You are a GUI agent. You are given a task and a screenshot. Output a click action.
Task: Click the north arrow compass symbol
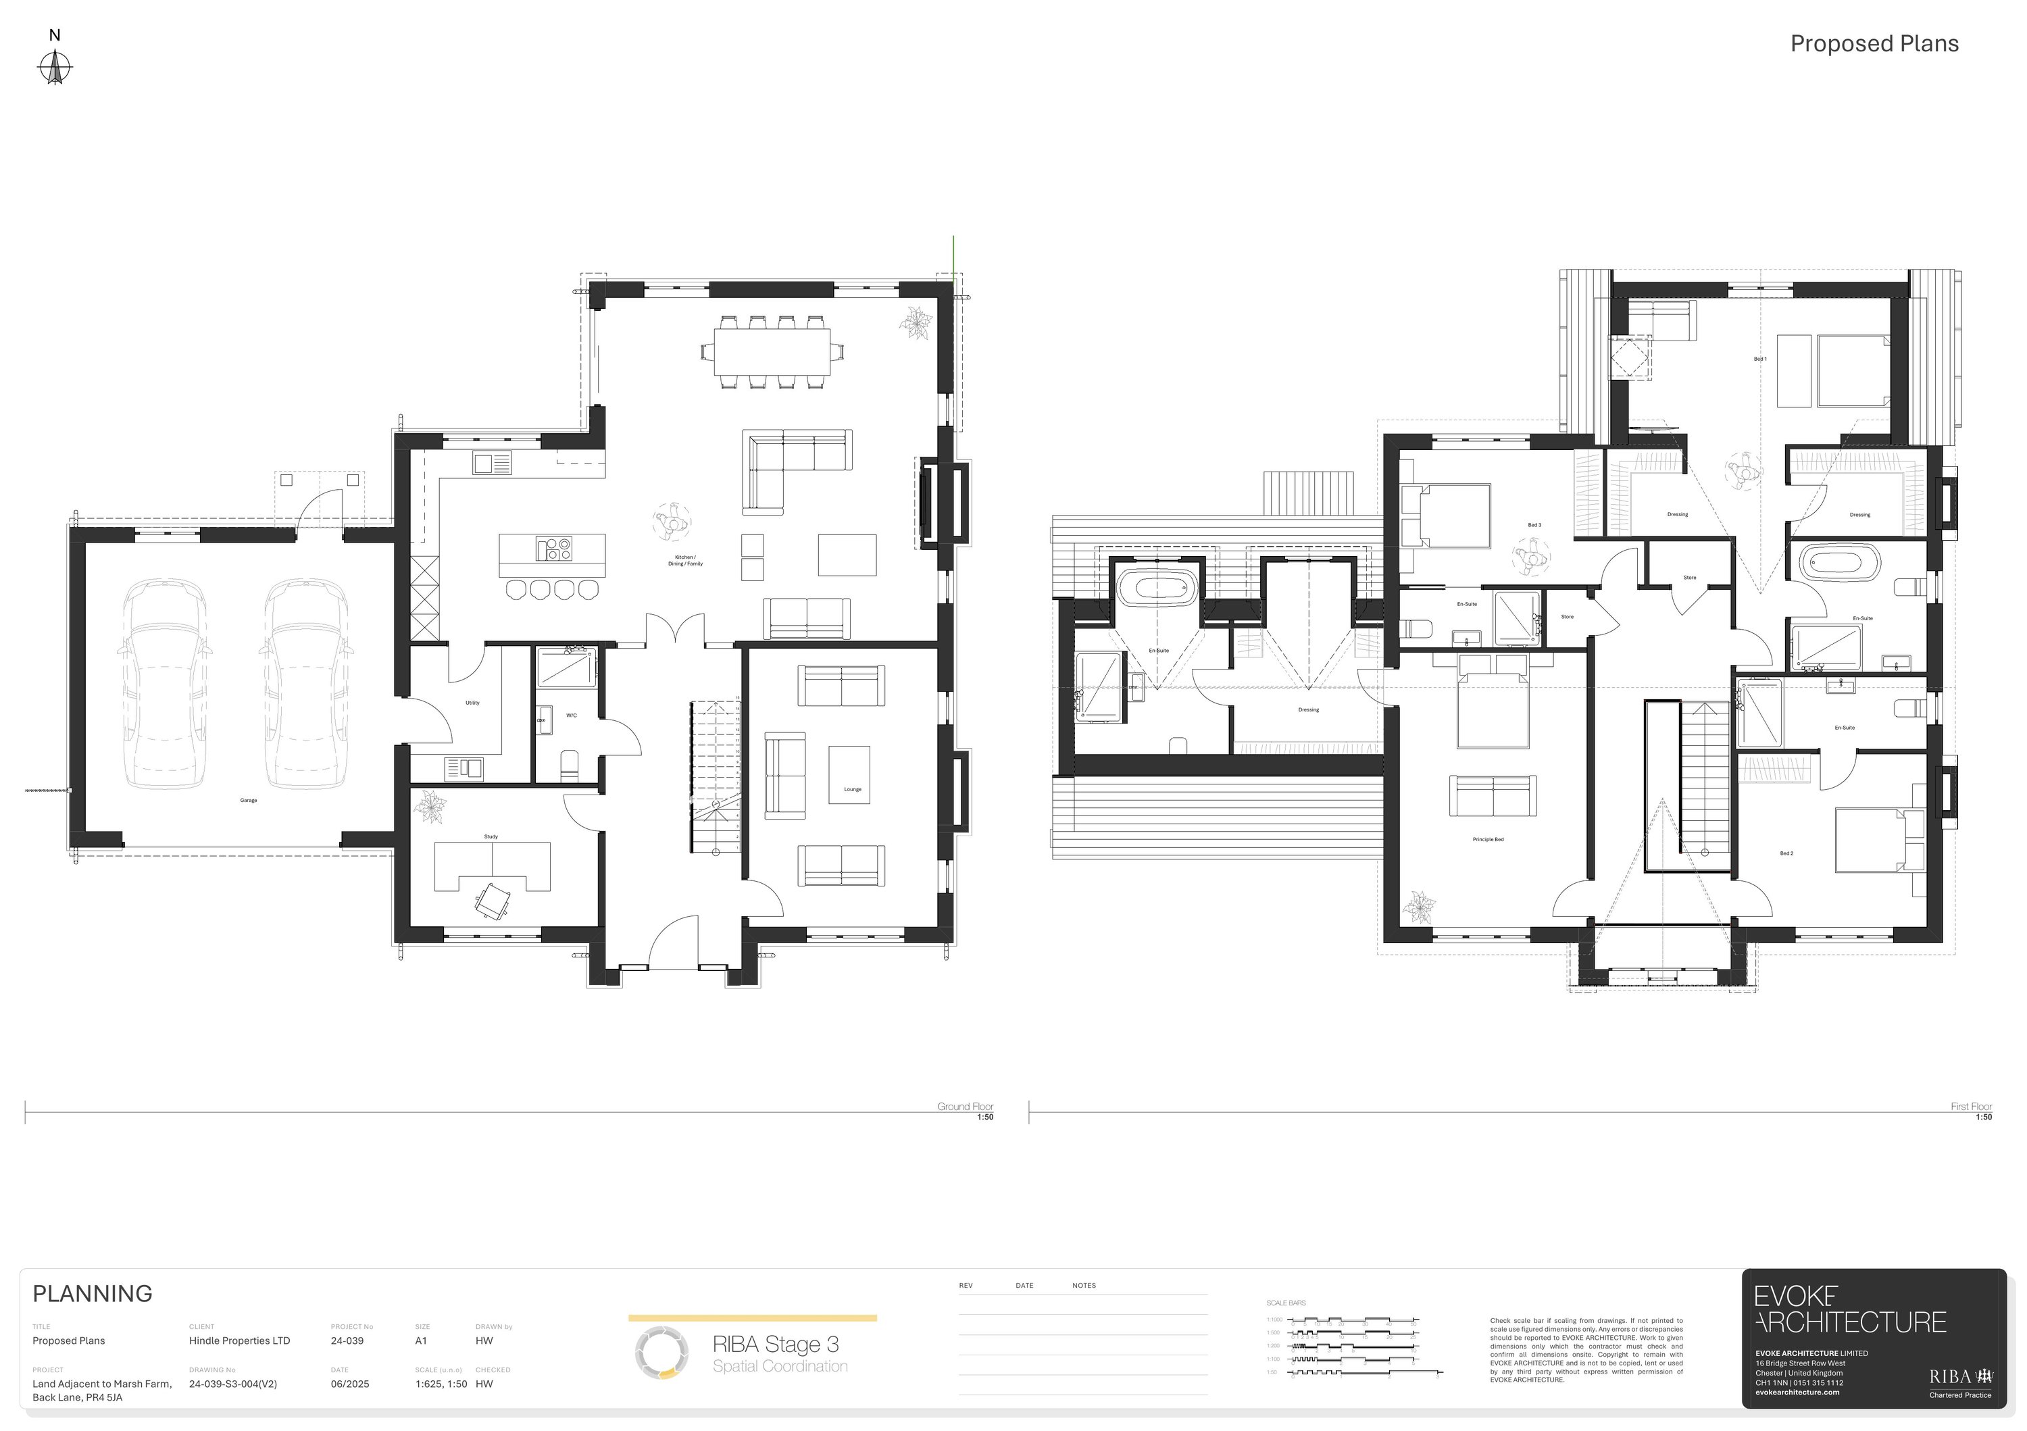55,67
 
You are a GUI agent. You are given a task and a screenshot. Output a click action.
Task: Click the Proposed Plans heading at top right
1874,44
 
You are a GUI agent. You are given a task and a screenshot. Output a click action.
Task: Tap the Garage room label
248,801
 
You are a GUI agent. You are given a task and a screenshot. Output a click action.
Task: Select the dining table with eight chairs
772,351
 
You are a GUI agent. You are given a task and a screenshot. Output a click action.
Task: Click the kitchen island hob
553,549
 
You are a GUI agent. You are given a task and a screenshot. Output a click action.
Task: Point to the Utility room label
472,703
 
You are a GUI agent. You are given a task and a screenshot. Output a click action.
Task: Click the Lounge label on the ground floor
852,789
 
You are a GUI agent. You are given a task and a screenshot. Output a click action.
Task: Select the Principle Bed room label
1488,840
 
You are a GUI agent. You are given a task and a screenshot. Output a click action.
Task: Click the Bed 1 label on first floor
1759,359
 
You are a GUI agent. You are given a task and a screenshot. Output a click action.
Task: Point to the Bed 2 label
1786,853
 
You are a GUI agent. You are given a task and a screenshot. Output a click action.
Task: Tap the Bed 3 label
1534,525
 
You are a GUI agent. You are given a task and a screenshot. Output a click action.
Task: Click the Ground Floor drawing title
965,1106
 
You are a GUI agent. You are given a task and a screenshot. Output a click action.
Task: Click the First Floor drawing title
1970,1106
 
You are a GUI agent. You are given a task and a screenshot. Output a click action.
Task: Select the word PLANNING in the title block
93,1293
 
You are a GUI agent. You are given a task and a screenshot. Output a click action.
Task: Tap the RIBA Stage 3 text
775,1344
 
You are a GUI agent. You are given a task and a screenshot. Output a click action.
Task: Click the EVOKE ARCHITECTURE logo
1849,1309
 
